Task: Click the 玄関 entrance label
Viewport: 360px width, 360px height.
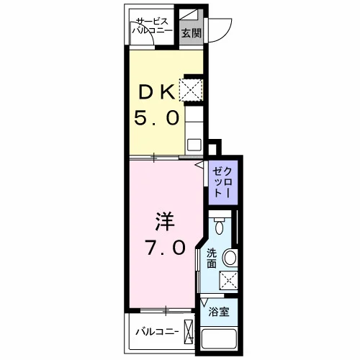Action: point(191,33)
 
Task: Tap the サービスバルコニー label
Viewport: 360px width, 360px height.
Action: point(152,26)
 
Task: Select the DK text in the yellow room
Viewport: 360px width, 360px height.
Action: point(157,92)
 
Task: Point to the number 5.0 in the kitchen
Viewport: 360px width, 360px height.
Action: point(156,117)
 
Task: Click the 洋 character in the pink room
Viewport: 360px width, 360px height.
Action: point(165,221)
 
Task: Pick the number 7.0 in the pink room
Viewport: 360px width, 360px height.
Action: point(166,248)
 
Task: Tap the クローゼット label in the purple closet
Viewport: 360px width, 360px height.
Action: point(222,182)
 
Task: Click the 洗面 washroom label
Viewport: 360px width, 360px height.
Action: point(212,258)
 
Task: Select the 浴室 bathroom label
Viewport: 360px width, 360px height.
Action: point(219,312)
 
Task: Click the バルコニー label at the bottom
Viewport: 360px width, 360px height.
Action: point(157,332)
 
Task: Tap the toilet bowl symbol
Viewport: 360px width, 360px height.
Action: point(219,225)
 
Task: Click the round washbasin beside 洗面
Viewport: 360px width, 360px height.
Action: point(230,258)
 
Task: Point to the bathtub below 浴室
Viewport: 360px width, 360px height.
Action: point(219,339)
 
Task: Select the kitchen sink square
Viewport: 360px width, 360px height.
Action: point(194,145)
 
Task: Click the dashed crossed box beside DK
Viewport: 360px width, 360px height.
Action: point(191,90)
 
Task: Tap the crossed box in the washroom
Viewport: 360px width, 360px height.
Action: point(228,280)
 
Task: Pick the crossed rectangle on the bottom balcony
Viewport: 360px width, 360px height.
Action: point(189,332)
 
